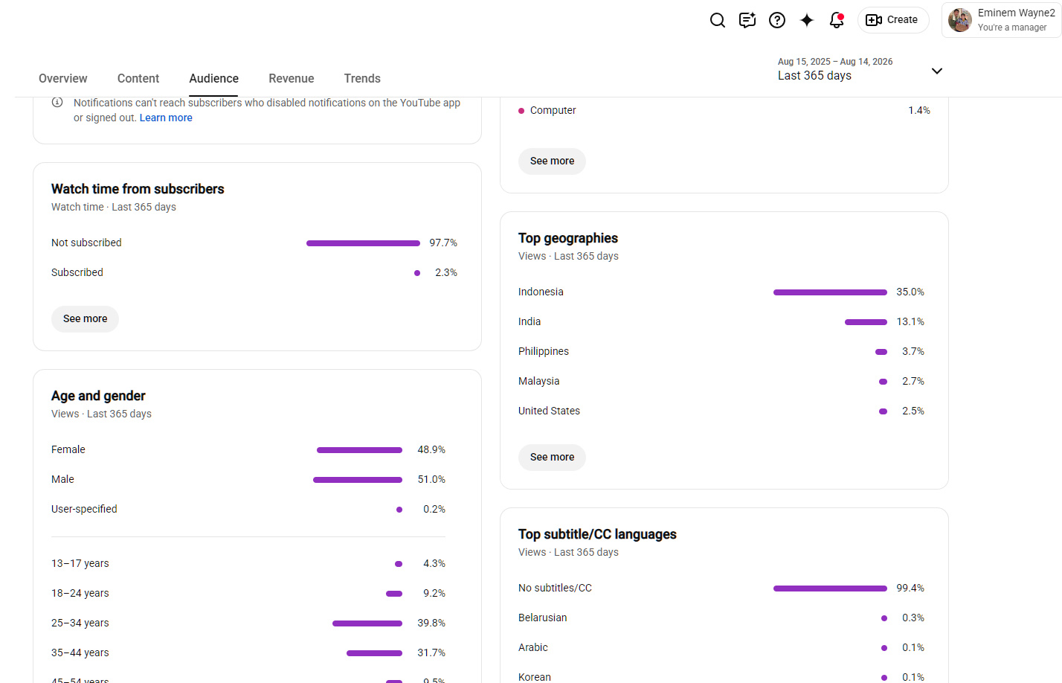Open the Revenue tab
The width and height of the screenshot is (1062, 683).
(291, 78)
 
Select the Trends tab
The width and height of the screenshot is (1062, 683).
(362, 78)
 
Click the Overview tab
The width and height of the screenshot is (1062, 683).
(63, 78)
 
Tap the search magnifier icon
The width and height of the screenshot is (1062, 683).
(718, 20)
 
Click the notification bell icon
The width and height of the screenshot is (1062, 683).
(837, 20)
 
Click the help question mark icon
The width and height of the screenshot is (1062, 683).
(777, 20)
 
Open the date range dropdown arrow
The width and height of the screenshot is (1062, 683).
(937, 71)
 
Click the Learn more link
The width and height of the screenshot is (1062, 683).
(166, 118)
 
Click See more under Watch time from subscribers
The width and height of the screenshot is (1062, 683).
(85, 318)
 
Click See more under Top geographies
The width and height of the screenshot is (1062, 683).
(552, 458)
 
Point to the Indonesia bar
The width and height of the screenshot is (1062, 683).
(830, 292)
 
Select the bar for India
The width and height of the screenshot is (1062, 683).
(866, 322)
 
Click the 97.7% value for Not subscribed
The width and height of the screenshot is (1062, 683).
(443, 243)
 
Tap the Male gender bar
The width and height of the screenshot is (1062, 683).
(358, 480)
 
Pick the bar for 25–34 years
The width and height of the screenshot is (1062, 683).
(367, 623)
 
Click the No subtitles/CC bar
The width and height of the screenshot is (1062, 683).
(830, 589)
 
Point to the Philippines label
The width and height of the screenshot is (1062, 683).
(544, 351)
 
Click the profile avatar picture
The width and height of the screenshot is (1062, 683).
(959, 20)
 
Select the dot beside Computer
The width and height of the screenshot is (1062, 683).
(521, 111)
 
